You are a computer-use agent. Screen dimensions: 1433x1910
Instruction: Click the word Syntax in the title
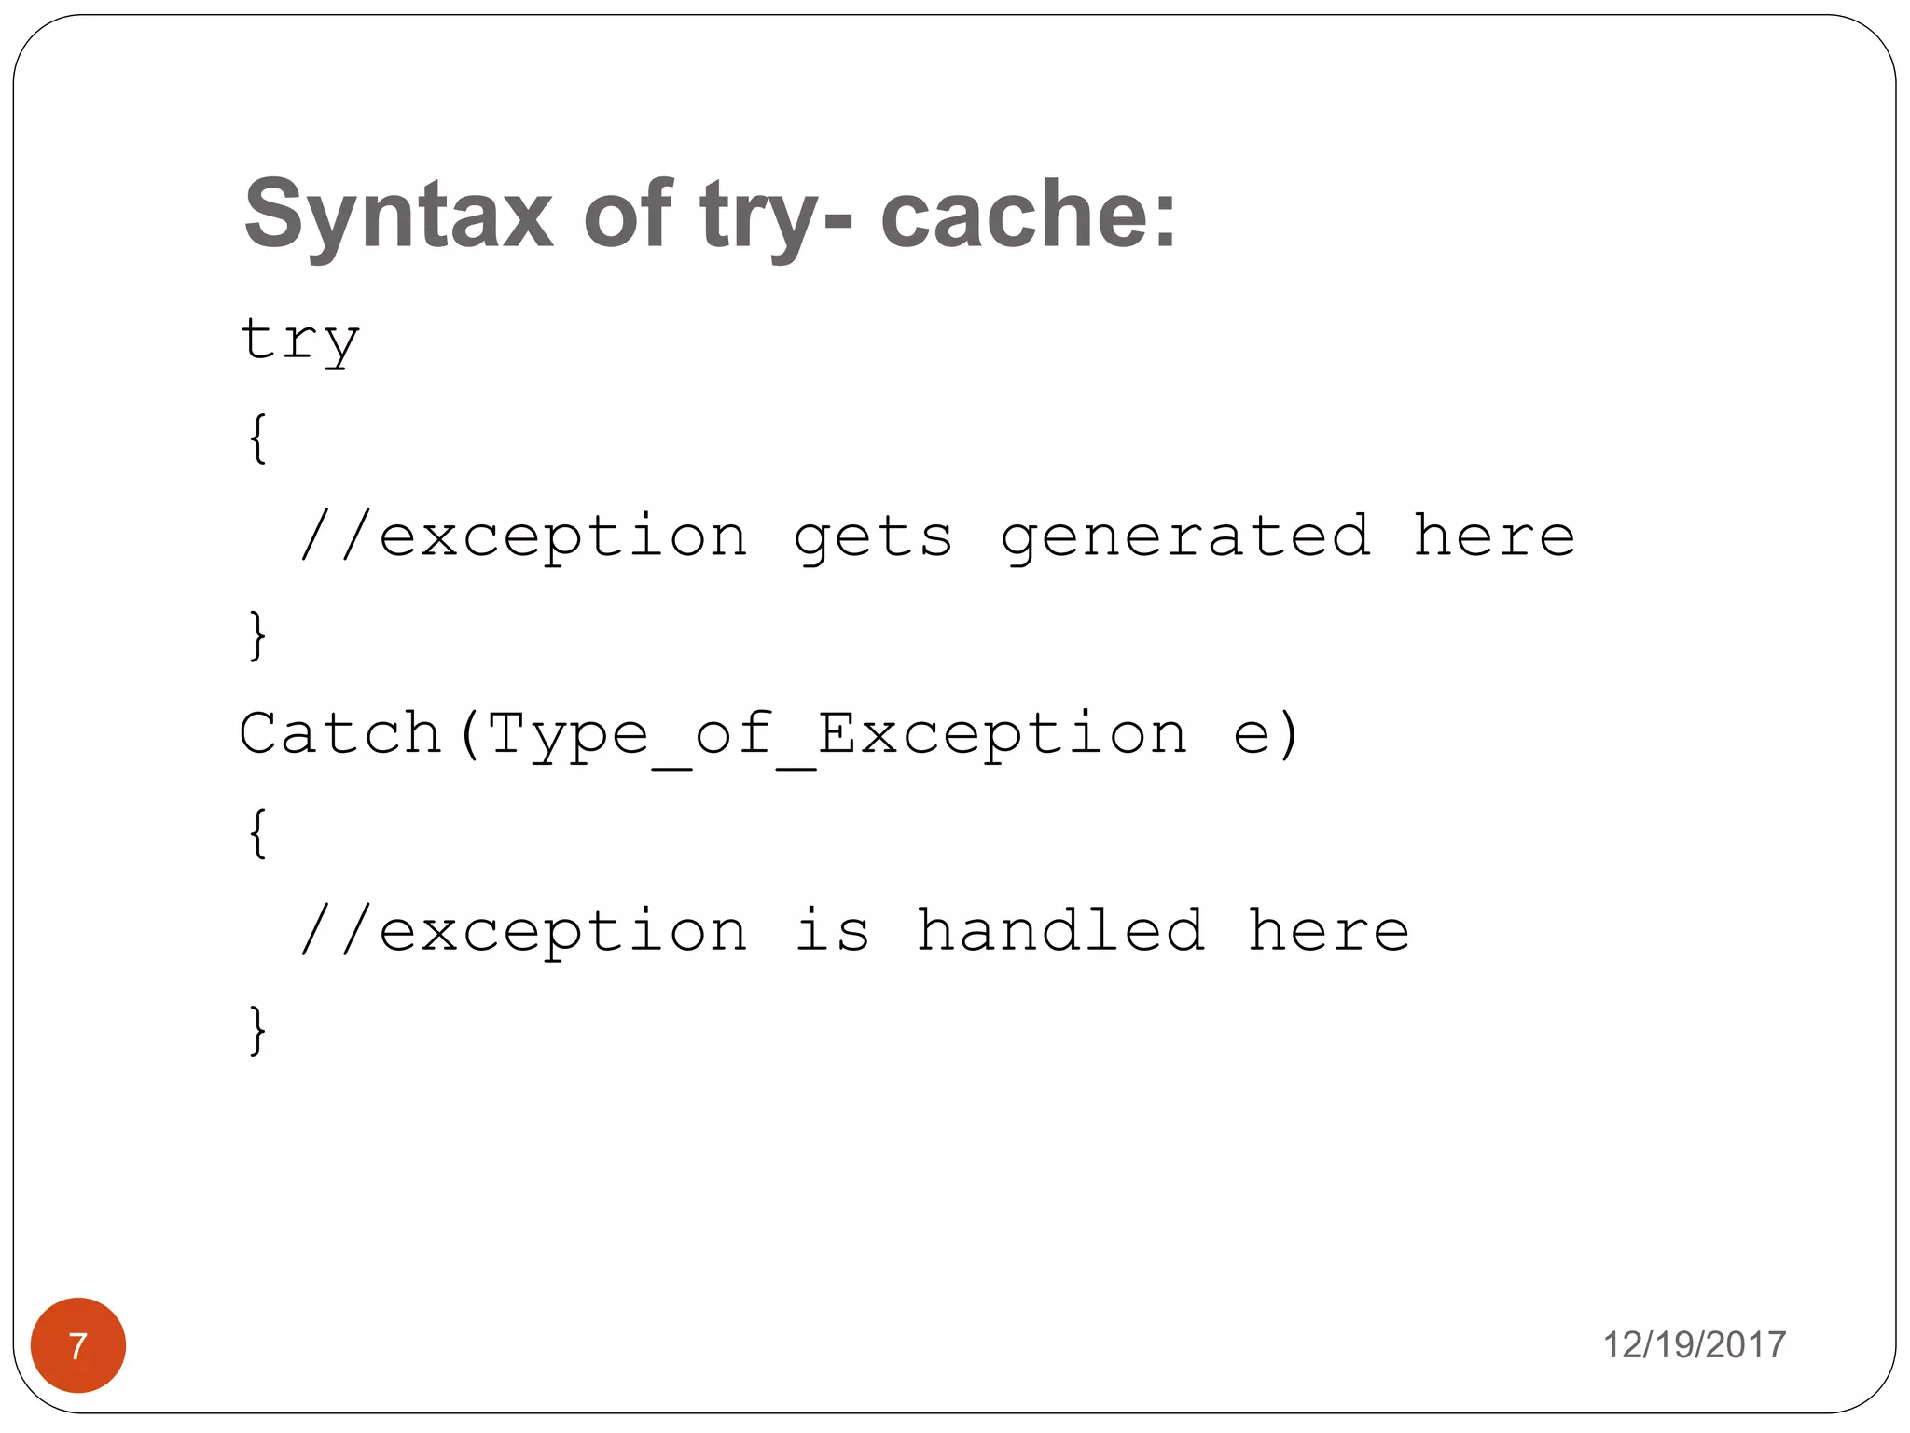tap(398, 216)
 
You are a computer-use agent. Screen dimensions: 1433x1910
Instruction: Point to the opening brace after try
tap(258, 438)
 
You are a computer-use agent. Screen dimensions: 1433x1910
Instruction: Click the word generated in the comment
tap(1184, 537)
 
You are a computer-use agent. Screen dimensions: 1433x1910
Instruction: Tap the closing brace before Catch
tap(258, 635)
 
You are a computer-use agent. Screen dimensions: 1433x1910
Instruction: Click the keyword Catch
tap(339, 733)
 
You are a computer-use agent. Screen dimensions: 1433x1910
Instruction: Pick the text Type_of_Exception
tap(837, 735)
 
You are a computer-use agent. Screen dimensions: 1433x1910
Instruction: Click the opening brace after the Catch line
tap(258, 833)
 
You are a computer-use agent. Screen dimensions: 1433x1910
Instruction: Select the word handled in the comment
tap(1060, 930)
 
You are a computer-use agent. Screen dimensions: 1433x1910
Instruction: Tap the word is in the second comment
tap(832, 930)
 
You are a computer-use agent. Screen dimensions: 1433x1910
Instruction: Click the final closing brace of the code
tap(258, 1030)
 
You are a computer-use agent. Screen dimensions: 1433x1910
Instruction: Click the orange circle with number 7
tap(78, 1344)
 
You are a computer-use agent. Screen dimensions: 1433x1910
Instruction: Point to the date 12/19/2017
tap(1694, 1344)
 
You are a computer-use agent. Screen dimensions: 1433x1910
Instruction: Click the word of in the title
tap(626, 216)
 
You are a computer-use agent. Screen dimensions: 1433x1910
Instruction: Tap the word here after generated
tap(1494, 537)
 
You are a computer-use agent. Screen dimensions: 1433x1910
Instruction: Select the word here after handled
tap(1328, 930)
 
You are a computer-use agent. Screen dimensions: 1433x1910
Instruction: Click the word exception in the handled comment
tap(562, 932)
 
